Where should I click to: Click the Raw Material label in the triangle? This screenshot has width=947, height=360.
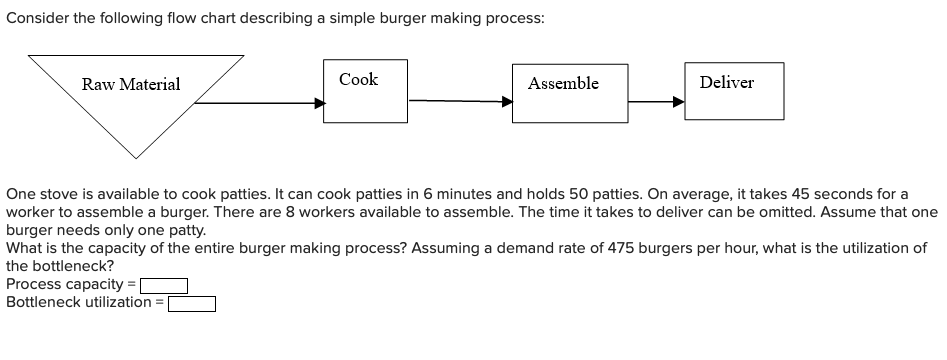(131, 85)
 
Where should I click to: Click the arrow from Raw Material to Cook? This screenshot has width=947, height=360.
(260, 101)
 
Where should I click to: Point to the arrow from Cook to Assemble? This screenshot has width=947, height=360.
(460, 100)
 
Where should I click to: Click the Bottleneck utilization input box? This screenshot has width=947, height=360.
(191, 301)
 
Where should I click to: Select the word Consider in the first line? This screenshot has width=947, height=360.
(35, 19)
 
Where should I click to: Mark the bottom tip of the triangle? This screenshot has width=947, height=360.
(136, 158)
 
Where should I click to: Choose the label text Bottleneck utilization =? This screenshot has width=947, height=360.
(85, 301)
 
